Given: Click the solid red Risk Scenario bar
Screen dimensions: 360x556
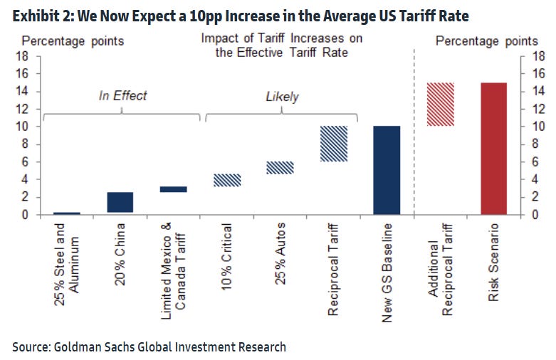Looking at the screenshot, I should tap(493, 148).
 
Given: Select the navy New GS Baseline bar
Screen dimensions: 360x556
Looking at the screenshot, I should tap(387, 170).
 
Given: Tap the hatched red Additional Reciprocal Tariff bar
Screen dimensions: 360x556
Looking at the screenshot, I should tap(440, 105).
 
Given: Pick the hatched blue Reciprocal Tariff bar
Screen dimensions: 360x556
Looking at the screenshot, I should tap(333, 144).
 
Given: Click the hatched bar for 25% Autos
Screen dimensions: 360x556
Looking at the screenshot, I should tap(280, 167).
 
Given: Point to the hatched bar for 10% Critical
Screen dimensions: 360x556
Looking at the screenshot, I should tap(227, 180).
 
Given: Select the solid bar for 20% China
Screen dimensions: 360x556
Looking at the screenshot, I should tap(120, 202).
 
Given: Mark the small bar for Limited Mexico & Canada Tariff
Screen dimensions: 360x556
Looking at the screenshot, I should tap(174, 189).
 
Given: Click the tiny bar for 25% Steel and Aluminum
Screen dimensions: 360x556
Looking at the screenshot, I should tap(67, 213).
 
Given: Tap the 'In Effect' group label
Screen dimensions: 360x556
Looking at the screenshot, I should tap(122, 95).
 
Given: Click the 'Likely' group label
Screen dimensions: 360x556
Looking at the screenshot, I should tap(282, 96).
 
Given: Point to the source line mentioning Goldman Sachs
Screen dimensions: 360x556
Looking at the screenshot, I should tap(149, 346).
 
